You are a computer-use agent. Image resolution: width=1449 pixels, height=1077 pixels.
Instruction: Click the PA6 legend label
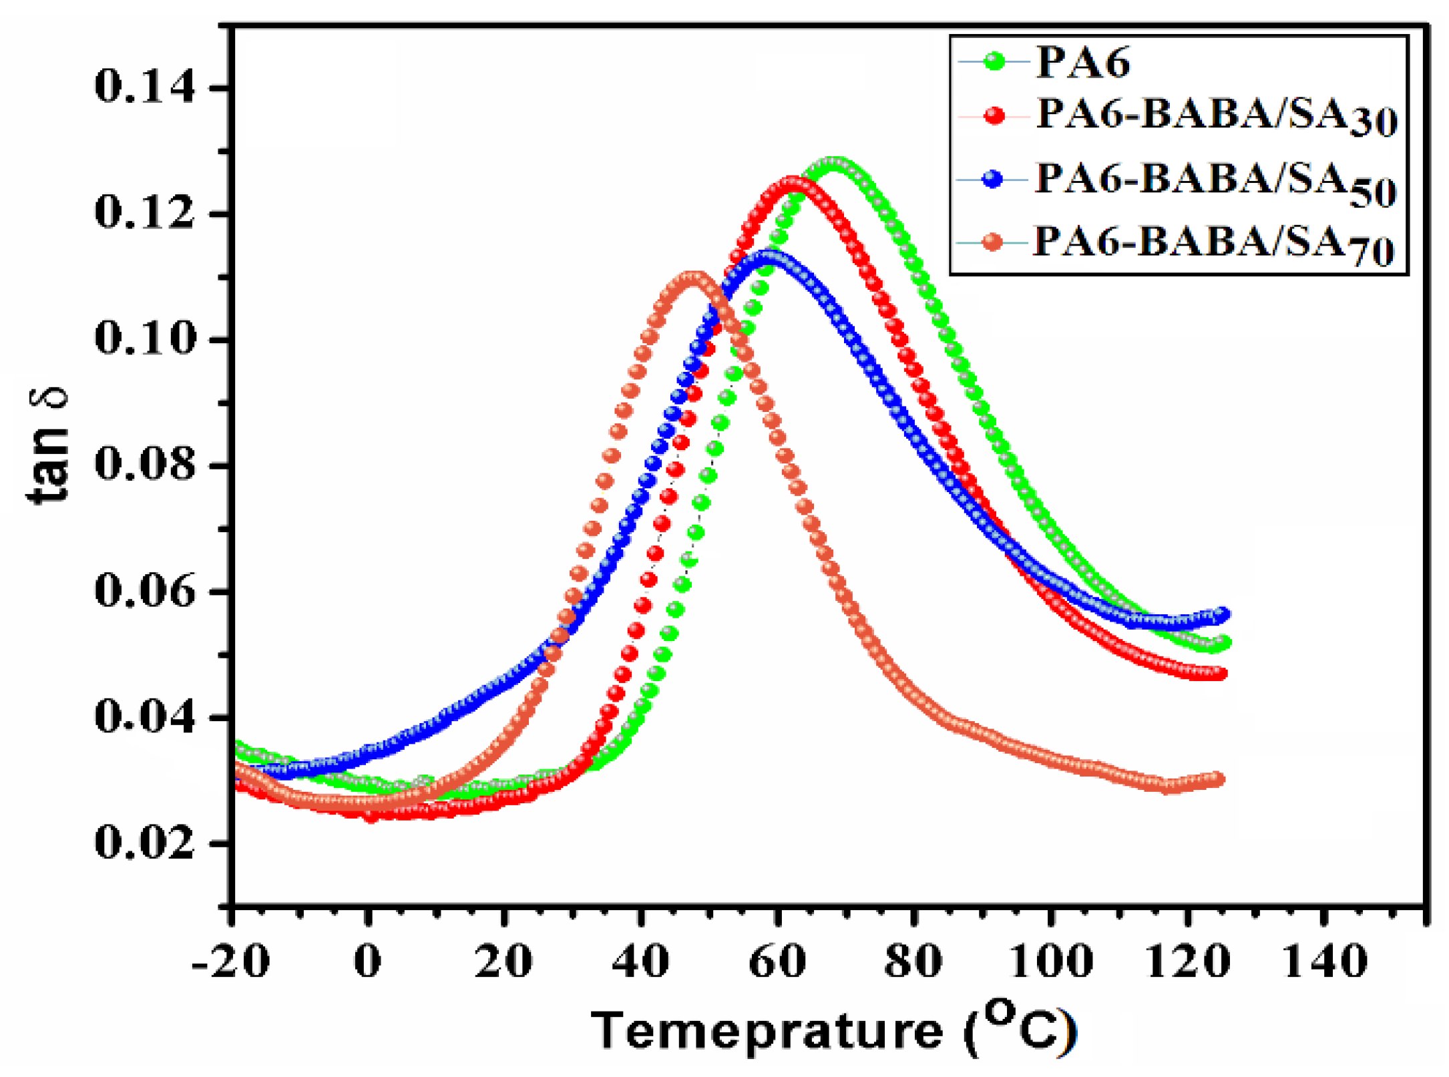coord(1082,63)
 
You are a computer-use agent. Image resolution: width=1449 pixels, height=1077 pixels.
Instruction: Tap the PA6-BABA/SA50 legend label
coord(1215,182)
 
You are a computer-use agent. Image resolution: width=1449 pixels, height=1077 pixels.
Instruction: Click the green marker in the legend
coord(994,62)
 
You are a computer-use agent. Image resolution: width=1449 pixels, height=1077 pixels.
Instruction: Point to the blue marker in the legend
coord(994,180)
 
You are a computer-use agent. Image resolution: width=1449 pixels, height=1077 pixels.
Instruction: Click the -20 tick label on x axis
coord(230,962)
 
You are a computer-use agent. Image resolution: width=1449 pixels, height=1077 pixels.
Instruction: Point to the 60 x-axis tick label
coord(777,962)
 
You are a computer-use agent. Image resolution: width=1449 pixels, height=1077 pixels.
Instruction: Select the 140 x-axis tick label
coord(1325,962)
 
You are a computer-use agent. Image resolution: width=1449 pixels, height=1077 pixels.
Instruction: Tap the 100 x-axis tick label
coord(1052,962)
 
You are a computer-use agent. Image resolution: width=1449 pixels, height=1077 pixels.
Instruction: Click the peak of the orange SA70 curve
coord(694,276)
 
